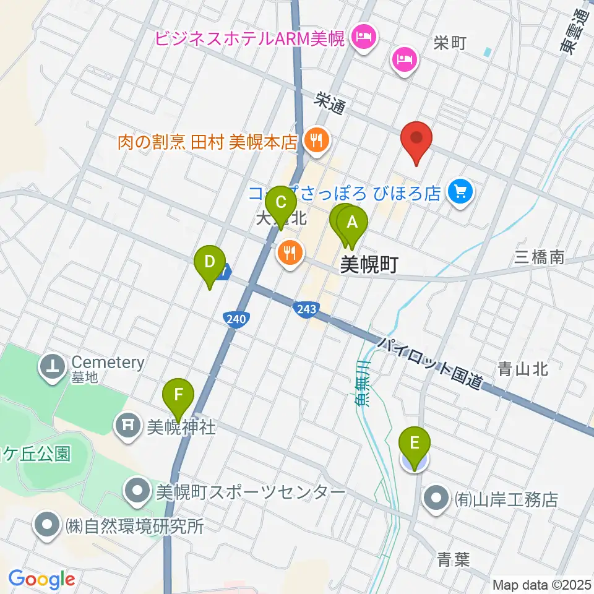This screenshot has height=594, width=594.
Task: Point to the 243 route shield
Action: (x=303, y=308)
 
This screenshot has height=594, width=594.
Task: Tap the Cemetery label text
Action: (x=108, y=363)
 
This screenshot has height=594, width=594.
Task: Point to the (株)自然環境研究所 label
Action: (x=134, y=527)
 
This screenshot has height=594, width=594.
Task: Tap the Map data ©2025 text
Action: (x=541, y=584)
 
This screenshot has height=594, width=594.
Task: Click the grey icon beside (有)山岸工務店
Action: (x=437, y=498)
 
